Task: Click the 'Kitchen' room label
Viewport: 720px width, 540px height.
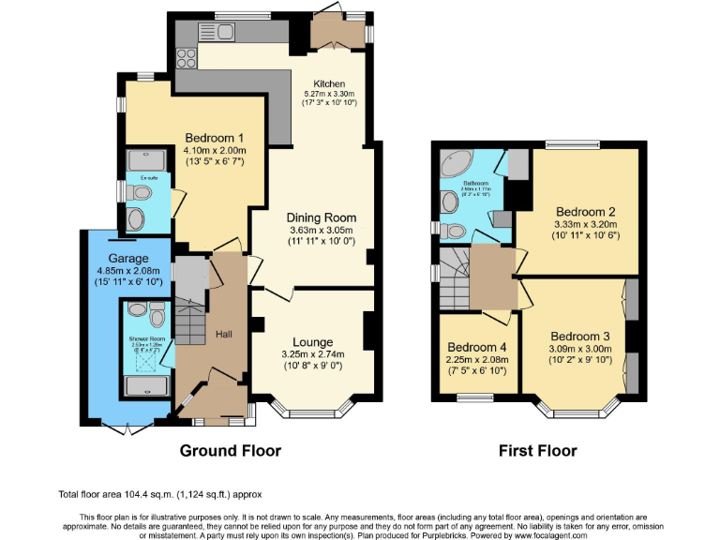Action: pyautogui.click(x=323, y=83)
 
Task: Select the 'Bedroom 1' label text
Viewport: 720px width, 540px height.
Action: pyautogui.click(x=215, y=138)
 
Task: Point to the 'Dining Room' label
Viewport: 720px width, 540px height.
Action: pyautogui.click(x=322, y=217)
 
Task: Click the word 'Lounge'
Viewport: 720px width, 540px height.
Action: pyautogui.click(x=312, y=341)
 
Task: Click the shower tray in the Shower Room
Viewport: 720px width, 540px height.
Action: pyautogui.click(x=145, y=385)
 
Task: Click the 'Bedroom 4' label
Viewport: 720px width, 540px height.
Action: pyautogui.click(x=477, y=345)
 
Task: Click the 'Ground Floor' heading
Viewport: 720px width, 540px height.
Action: pyautogui.click(x=230, y=451)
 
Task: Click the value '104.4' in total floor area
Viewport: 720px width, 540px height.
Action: pyautogui.click(x=138, y=494)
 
